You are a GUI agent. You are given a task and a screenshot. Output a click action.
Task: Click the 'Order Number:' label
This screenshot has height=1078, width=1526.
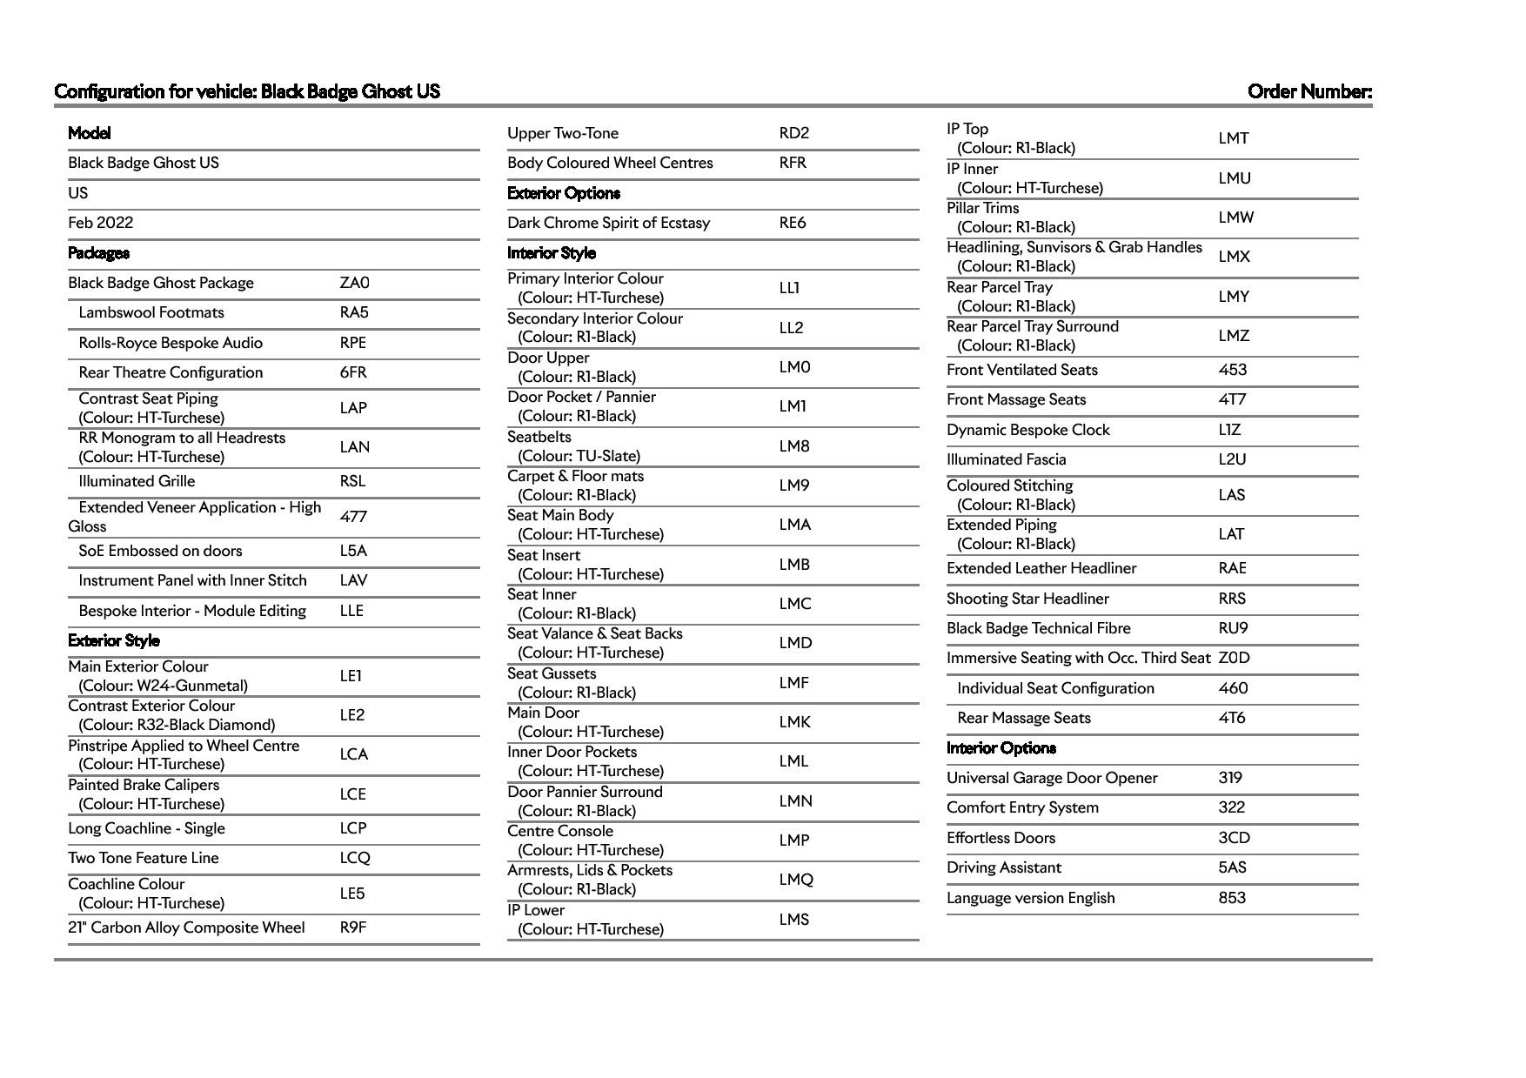click(1309, 91)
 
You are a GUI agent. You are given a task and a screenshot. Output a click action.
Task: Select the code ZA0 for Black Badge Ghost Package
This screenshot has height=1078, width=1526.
click(354, 283)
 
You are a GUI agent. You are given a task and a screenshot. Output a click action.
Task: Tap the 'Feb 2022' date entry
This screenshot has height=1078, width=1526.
click(101, 223)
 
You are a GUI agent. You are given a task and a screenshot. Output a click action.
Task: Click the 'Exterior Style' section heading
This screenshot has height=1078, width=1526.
click(114, 640)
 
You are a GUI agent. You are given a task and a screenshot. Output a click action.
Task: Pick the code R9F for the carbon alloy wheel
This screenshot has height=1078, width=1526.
click(352, 927)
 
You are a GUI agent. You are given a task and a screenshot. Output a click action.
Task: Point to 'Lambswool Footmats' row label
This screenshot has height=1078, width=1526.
click(151, 312)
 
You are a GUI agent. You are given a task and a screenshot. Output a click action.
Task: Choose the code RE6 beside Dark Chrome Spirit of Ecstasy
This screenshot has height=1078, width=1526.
click(793, 223)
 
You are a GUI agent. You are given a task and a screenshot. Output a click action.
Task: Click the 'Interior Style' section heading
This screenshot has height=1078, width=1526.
click(552, 253)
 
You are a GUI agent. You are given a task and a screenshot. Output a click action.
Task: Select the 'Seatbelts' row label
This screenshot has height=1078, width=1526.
click(539, 437)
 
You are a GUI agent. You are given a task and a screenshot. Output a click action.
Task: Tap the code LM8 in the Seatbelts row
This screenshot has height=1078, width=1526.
click(794, 446)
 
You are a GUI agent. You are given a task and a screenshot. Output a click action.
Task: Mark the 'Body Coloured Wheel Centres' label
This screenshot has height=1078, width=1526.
click(610, 163)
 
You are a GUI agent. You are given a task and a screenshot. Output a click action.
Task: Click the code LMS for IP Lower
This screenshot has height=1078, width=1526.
click(794, 920)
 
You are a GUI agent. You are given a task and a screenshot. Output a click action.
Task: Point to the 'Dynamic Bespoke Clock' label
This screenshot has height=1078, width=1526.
click(1028, 430)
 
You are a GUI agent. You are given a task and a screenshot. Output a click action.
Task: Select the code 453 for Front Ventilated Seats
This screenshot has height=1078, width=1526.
click(1232, 370)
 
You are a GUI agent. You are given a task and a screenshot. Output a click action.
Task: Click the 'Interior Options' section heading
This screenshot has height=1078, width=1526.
click(1001, 748)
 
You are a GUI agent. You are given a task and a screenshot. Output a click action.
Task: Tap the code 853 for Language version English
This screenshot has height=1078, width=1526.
click(1232, 898)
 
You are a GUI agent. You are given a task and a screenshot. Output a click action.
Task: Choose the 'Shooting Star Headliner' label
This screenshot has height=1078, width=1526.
click(1027, 599)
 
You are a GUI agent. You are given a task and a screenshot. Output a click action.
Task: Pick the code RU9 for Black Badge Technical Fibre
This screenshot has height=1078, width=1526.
click(1233, 628)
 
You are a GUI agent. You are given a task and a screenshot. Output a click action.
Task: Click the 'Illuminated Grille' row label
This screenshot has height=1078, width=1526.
click(137, 481)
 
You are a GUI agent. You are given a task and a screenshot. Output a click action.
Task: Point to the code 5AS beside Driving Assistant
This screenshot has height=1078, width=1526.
click(1232, 867)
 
